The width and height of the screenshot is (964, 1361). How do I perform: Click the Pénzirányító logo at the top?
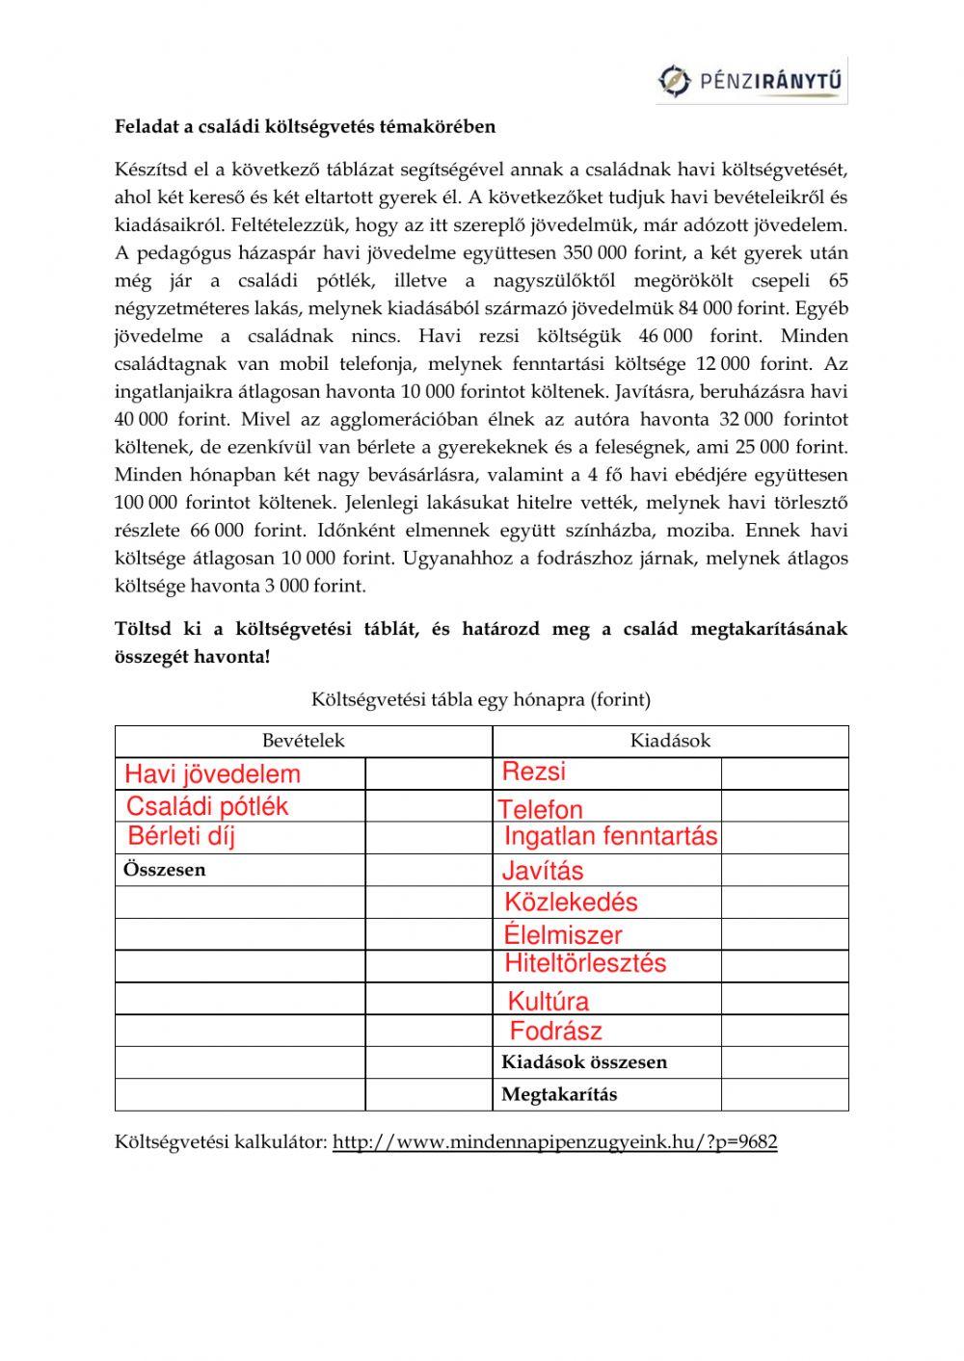point(752,81)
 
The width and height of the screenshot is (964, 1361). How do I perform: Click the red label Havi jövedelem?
point(213,774)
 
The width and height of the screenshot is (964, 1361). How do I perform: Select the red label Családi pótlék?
point(207,806)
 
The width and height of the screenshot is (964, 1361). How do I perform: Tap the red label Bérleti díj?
point(181,836)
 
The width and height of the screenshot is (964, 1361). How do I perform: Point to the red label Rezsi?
point(534,772)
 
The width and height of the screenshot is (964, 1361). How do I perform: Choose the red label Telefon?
point(541,810)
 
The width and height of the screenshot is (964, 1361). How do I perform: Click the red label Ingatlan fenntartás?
point(610,836)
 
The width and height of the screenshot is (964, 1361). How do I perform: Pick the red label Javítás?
point(543,871)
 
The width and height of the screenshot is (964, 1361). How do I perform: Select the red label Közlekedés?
point(571,903)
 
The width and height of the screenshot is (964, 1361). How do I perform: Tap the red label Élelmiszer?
point(563,934)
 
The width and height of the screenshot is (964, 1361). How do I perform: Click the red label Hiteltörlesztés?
point(585,963)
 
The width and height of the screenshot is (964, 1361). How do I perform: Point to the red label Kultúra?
point(548,1001)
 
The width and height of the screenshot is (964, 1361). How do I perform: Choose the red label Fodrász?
point(555,1032)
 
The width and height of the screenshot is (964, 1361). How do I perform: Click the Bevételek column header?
point(304,741)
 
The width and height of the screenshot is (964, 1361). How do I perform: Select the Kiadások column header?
point(670,741)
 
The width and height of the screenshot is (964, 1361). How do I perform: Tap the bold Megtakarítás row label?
point(559,1094)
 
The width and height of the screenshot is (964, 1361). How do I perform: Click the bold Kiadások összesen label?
point(584,1062)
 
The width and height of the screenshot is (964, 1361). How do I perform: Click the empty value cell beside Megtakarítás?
point(785,1094)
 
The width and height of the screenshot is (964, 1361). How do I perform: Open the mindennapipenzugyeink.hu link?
point(555,1142)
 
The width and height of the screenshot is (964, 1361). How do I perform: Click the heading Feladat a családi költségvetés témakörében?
point(305,126)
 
